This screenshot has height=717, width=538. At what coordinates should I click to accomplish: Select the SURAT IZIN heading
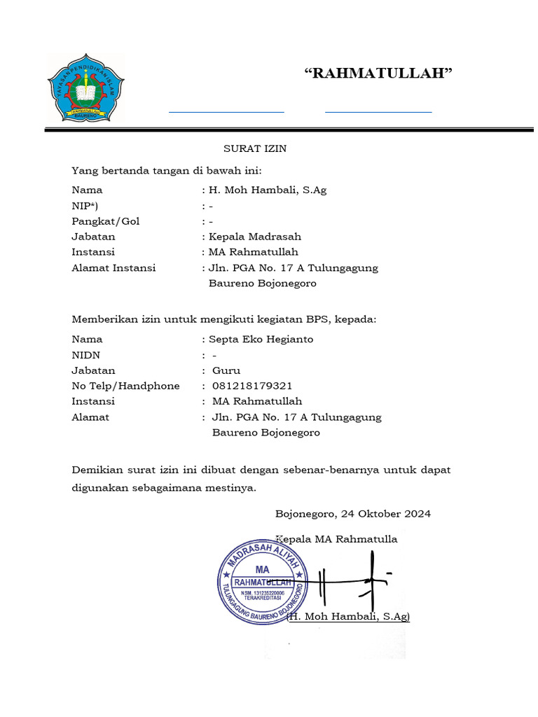(x=255, y=148)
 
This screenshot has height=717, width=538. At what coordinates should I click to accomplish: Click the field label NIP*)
(x=85, y=206)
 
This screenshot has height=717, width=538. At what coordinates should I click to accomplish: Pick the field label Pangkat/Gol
(x=106, y=221)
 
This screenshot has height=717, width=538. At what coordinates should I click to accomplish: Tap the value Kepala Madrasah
(x=255, y=237)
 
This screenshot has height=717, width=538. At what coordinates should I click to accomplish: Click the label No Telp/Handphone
(x=125, y=386)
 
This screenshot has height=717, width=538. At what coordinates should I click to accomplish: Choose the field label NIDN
(x=86, y=355)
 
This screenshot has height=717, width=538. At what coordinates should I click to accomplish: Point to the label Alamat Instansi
(x=113, y=267)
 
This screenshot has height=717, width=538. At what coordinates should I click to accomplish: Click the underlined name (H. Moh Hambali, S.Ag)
(x=349, y=616)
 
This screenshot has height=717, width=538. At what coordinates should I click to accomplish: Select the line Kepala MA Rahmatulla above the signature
(x=337, y=539)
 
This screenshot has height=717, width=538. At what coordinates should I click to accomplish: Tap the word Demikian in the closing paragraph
(x=97, y=469)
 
